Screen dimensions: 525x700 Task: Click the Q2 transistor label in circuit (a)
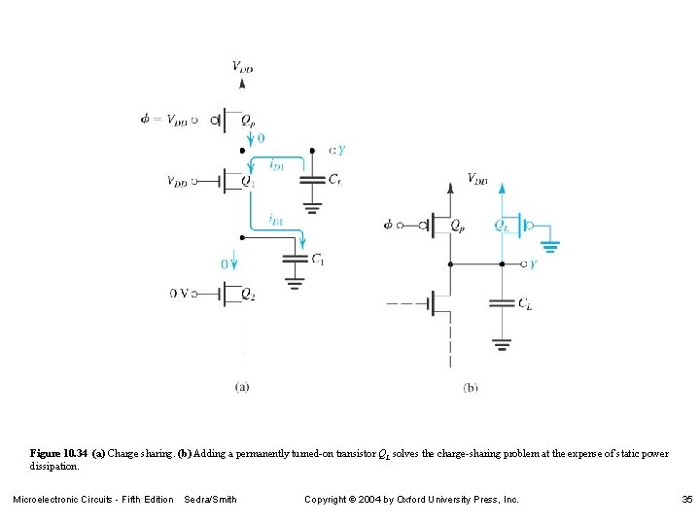pos(248,294)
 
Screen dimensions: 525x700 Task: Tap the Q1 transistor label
pos(248,182)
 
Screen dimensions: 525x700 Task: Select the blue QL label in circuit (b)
pos(502,225)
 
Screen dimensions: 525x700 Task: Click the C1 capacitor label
pos(318,260)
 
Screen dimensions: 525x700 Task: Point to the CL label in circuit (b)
pos(525,304)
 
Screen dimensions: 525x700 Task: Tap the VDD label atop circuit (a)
pos(243,66)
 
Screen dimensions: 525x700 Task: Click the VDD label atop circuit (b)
pos(477,179)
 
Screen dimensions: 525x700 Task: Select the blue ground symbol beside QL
pos(550,244)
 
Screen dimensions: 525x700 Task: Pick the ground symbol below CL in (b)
pos(501,343)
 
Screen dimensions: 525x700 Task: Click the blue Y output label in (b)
pos(533,264)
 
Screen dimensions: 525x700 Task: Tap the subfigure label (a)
pos(242,386)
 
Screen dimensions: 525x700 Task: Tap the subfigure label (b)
pos(471,387)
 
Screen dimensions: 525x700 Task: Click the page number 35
pos(686,500)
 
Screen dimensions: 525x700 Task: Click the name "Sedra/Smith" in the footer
pos(210,500)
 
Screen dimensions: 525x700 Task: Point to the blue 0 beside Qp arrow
pos(260,139)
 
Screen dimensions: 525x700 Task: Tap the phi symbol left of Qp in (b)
pos(390,225)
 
